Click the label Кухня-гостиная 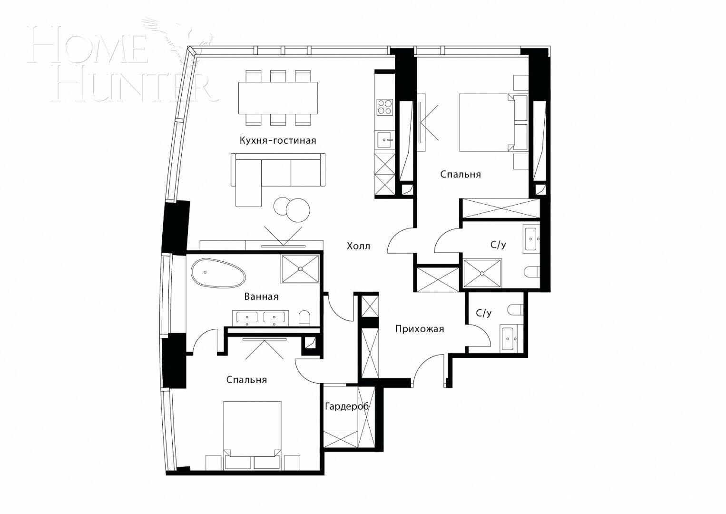[x=278, y=140]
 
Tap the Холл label [x=358, y=246]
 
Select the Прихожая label [x=419, y=329]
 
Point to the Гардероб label [x=346, y=407]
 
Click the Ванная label [x=261, y=297]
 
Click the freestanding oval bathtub [x=218, y=273]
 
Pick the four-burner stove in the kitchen [x=384, y=107]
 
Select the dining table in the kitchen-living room [x=278, y=98]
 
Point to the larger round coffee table [x=298, y=210]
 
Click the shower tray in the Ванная [x=300, y=269]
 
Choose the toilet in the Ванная [x=304, y=318]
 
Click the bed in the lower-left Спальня [x=252, y=431]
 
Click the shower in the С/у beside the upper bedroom [x=482, y=273]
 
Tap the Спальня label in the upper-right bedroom [x=460, y=175]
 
